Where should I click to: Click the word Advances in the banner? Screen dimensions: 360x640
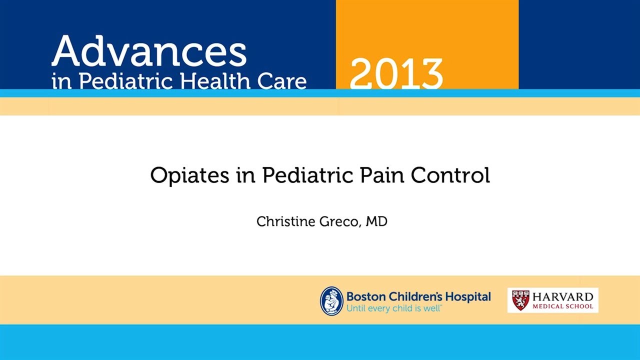click(x=148, y=52)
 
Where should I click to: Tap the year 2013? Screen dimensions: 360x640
click(x=396, y=74)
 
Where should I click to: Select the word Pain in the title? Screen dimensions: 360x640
click(x=380, y=176)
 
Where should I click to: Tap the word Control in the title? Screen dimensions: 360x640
click(x=450, y=176)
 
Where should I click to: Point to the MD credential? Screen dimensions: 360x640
click(x=376, y=221)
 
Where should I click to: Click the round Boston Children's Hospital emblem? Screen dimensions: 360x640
click(x=331, y=300)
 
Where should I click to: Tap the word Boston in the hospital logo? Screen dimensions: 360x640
click(x=363, y=296)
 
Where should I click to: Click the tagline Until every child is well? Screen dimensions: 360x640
click(x=394, y=308)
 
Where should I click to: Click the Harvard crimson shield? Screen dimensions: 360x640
click(x=520, y=300)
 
